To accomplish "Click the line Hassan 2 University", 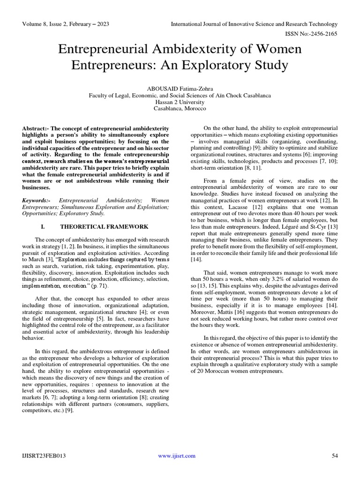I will pyautogui.click(x=180, y=101).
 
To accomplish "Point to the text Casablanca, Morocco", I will pyautogui.click(x=180, y=108).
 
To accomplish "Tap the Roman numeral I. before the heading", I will pyautogui.click(x=43, y=226).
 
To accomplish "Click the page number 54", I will pyautogui.click(x=335, y=456).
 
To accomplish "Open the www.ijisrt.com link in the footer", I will pyautogui.click(x=180, y=456).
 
